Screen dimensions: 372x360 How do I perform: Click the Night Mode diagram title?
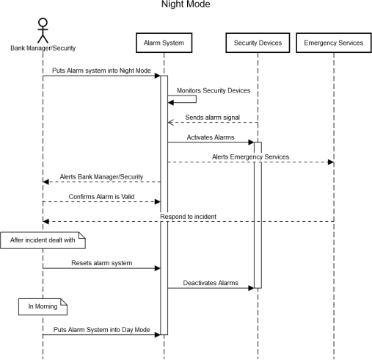click(x=186, y=4)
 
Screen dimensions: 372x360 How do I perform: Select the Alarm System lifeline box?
click(x=164, y=43)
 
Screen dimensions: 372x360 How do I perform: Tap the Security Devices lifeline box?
click(x=258, y=43)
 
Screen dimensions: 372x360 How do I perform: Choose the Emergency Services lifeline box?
click(x=334, y=43)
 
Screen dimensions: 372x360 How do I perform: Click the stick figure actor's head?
click(x=43, y=22)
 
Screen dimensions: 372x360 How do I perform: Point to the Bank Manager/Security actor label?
click(x=43, y=48)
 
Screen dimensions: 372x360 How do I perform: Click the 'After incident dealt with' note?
click(x=43, y=240)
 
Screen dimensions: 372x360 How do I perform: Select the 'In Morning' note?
click(x=43, y=306)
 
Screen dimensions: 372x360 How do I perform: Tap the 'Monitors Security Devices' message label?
click(x=214, y=90)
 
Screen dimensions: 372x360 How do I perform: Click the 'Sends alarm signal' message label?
click(x=212, y=118)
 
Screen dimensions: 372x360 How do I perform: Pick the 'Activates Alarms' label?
click(x=211, y=137)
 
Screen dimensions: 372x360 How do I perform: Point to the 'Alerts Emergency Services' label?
click(x=250, y=156)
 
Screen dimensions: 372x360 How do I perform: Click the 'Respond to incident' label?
click(x=188, y=217)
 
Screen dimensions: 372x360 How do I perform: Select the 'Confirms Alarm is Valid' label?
click(x=101, y=197)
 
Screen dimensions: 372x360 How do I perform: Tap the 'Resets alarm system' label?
click(x=102, y=263)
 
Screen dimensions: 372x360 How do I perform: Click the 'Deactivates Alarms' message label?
click(x=211, y=283)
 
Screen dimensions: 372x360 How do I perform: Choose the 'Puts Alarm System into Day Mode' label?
click(x=101, y=330)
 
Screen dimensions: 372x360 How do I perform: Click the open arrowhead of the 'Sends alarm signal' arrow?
click(x=170, y=123)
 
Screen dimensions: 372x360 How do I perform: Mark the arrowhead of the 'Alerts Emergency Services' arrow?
click(x=331, y=162)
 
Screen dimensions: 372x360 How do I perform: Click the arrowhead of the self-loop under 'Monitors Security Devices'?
click(x=171, y=103)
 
